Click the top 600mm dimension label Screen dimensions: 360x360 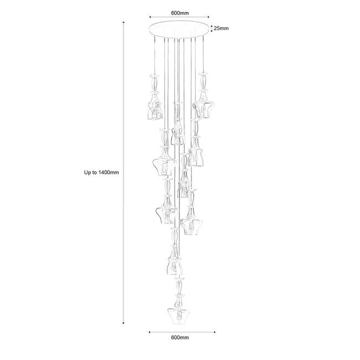coord(180,13)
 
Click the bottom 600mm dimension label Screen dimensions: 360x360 coord(180,337)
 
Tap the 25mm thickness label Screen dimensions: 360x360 coord(222,28)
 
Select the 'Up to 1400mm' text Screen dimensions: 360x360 coord(101,172)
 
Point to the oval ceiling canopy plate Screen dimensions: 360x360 coord(179,29)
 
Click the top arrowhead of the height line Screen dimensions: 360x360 coord(124,23)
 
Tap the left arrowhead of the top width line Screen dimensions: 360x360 coord(150,17)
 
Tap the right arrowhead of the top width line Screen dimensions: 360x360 coord(208,17)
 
